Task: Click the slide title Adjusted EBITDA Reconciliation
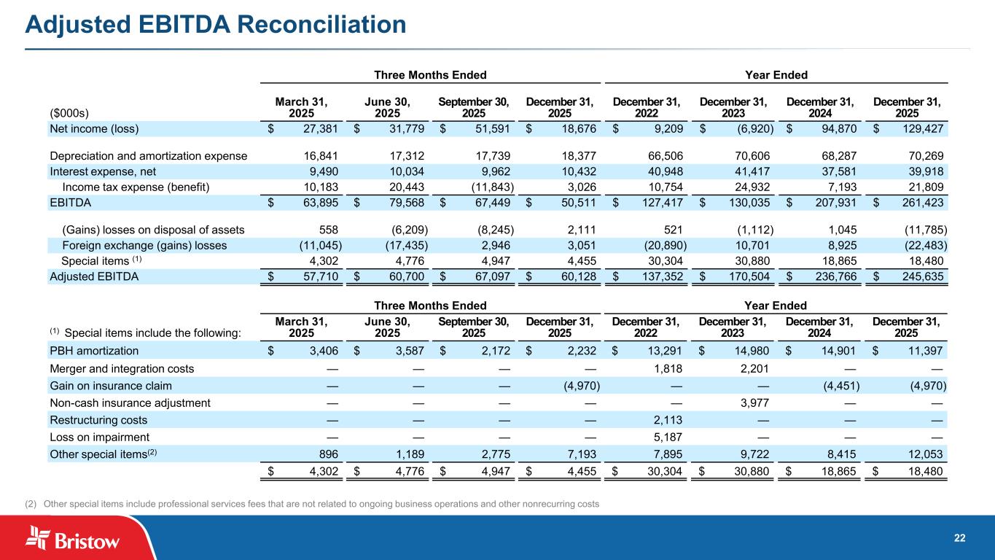[216, 26]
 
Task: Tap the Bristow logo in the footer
[73, 540]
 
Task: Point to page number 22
[959, 538]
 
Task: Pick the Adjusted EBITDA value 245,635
[920, 277]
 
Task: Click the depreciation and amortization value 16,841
[320, 155]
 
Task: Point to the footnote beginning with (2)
[321, 505]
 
